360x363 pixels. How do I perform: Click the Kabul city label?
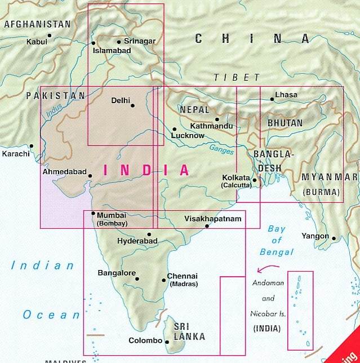tap(37, 42)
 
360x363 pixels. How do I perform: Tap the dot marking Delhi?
tap(133, 105)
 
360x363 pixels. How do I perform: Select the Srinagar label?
tap(139, 41)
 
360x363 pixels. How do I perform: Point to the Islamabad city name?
tap(112, 51)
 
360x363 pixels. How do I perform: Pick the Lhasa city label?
tap(286, 95)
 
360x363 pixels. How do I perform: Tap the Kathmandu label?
tap(211, 126)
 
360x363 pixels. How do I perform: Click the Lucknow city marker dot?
tap(174, 129)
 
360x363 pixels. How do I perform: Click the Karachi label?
tap(15, 153)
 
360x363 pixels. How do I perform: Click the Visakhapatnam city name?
tap(213, 219)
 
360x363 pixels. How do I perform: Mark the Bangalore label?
tap(117, 273)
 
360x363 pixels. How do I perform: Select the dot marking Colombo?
tap(167, 341)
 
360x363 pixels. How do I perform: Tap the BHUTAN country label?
tap(285, 123)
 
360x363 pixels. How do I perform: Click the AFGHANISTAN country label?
tap(37, 24)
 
